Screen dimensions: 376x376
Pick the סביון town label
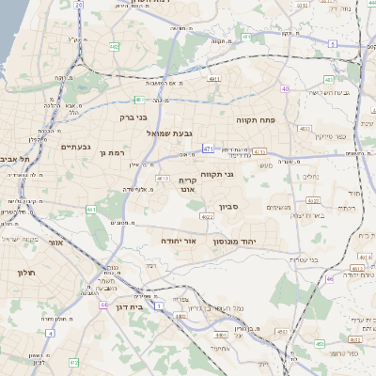(230, 207)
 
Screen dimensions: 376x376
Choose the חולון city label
(25, 273)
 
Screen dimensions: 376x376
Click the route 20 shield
(79, 5)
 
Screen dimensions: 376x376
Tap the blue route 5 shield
(332, 44)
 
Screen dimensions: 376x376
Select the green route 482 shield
(114, 45)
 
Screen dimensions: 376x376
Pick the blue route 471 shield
(207, 149)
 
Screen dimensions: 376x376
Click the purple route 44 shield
(102, 305)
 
